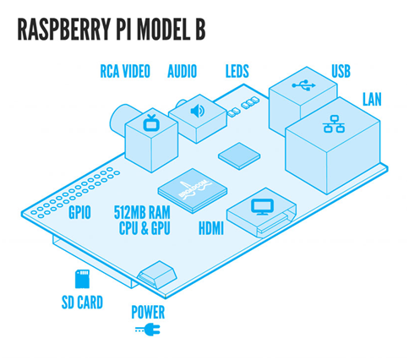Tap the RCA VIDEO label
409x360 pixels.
coord(125,71)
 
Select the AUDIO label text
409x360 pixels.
coord(182,71)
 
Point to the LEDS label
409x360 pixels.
coord(237,71)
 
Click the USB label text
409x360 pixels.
coord(341,71)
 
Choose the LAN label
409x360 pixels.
coord(372,100)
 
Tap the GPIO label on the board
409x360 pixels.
coord(79,212)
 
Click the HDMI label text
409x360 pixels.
coord(211,228)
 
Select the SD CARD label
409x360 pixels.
coord(82,303)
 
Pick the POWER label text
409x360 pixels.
coord(148,312)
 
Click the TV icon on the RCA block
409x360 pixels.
coord(151,123)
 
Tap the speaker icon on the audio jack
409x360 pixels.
coord(198,111)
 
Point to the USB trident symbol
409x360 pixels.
coord(303,85)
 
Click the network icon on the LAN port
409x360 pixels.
coord(334,124)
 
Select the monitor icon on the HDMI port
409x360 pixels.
coord(262,207)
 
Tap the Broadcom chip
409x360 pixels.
coord(193,190)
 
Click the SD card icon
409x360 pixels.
coord(82,279)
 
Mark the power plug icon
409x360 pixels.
coord(148,330)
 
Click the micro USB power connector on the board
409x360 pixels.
coord(157,274)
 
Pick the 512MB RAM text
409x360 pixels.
coord(142,212)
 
